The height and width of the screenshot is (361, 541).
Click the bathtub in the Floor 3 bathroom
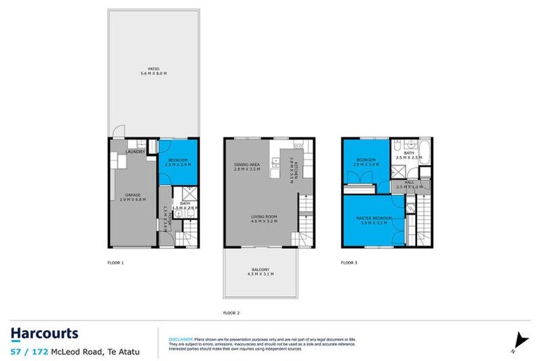pos(423,154)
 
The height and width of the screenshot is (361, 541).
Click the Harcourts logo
pos(44,334)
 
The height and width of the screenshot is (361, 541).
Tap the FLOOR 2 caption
pos(231,312)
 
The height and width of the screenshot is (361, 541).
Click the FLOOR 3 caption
pos(349,262)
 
